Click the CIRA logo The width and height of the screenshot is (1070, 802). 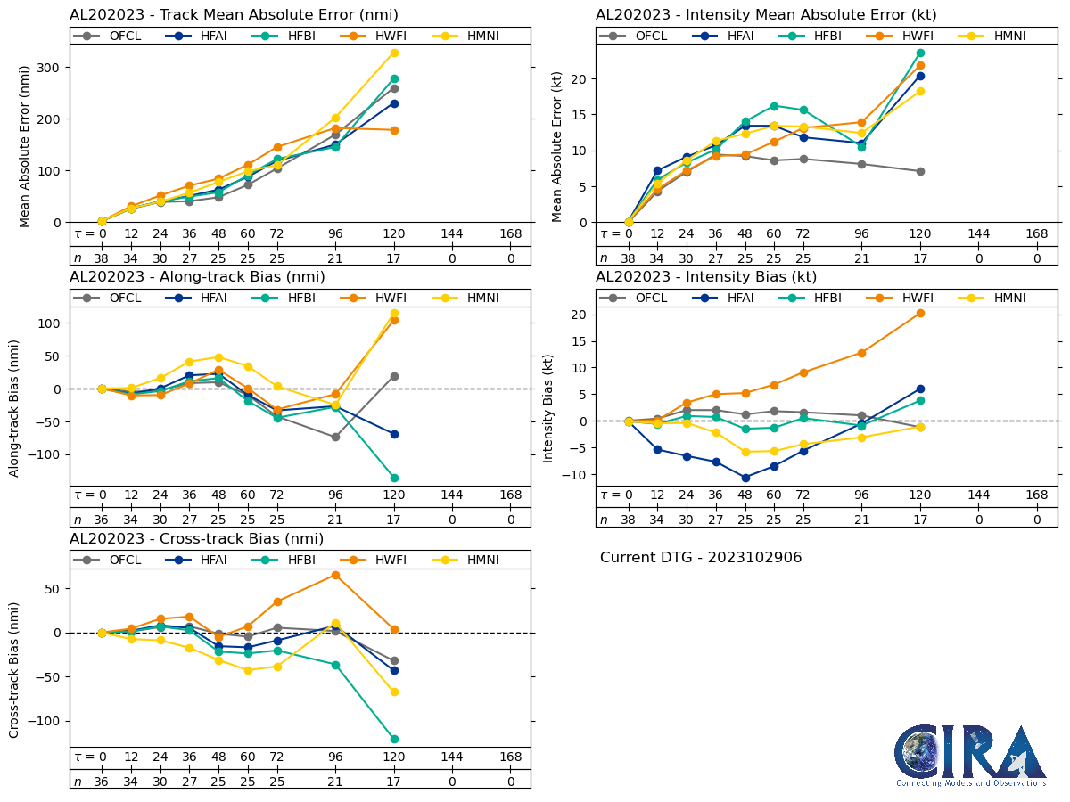tap(970, 755)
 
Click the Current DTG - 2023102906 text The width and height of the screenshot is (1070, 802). tap(701, 558)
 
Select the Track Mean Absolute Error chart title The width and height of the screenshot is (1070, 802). tap(234, 14)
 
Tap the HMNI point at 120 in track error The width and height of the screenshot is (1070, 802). tap(394, 53)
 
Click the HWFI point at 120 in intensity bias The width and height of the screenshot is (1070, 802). tap(920, 313)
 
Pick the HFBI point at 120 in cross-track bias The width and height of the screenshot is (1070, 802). tap(394, 739)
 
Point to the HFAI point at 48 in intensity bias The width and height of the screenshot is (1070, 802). tap(745, 478)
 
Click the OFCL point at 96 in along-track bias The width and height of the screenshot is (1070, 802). tap(336, 437)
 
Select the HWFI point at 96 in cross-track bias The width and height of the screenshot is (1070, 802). tap(336, 575)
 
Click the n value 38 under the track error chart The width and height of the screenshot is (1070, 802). tap(102, 258)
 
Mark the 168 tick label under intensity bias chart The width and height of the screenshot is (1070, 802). tap(1037, 495)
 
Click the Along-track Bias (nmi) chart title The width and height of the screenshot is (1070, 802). tap(197, 277)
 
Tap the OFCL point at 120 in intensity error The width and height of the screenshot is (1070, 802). tap(920, 171)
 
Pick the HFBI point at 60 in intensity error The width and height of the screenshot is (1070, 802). tap(774, 106)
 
